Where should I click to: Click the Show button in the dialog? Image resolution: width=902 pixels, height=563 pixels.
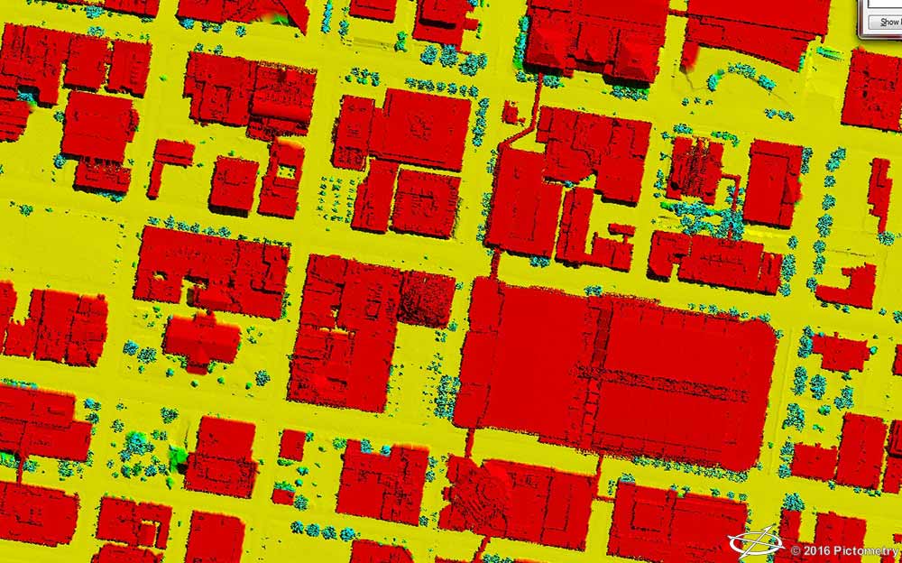pyautogui.click(x=882, y=22)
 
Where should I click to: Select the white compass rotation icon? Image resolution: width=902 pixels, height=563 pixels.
pyautogui.click(x=756, y=541)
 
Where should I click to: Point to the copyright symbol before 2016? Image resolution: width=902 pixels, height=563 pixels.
pyautogui.click(x=796, y=550)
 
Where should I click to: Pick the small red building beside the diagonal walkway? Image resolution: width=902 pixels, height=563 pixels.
pyautogui.click(x=511, y=113)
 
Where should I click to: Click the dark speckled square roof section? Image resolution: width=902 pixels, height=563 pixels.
pyautogui.click(x=427, y=299)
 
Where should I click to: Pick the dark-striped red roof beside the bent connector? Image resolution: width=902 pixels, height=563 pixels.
pyautogui.click(x=695, y=169)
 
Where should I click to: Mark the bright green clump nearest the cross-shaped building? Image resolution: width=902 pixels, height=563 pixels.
pyautogui.click(x=179, y=456)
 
